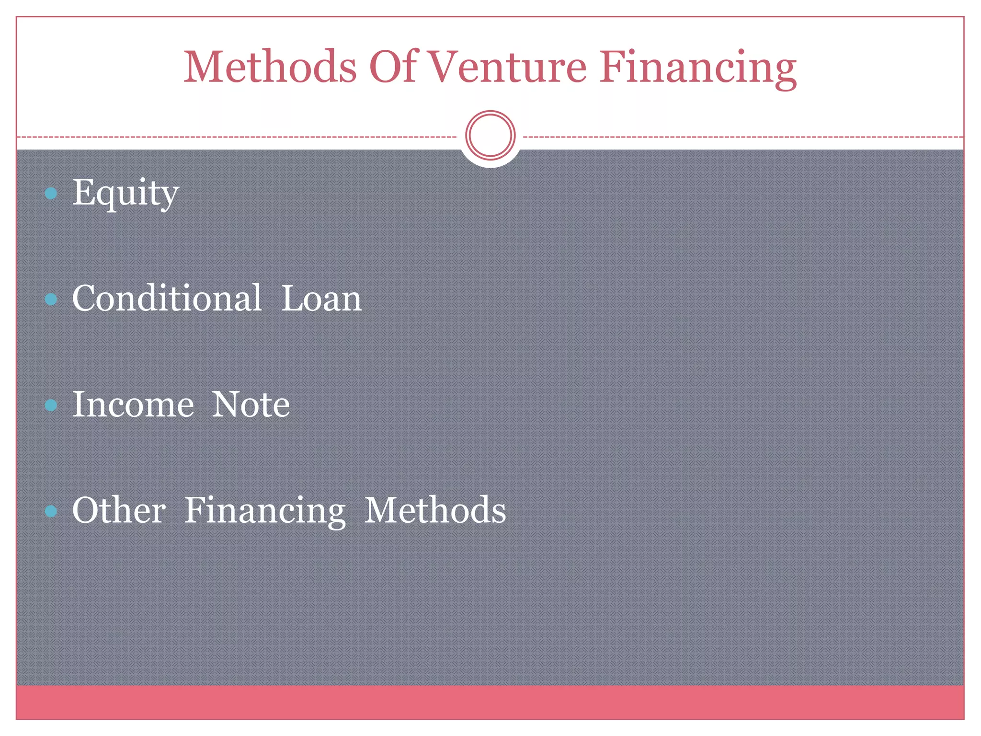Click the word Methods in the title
tap(270, 67)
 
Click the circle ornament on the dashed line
tap(490, 135)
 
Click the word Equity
tap(125, 193)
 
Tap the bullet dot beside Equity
tap(51, 194)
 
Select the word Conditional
tap(167, 298)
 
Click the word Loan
tap(321, 298)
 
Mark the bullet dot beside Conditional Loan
tap(51, 299)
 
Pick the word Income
tap(133, 404)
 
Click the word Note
tap(251, 404)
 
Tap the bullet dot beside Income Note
tap(51, 405)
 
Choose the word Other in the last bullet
tap(119, 510)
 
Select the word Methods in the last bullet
tap(435, 510)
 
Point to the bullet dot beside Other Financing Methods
tap(51, 511)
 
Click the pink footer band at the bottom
tap(490, 702)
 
